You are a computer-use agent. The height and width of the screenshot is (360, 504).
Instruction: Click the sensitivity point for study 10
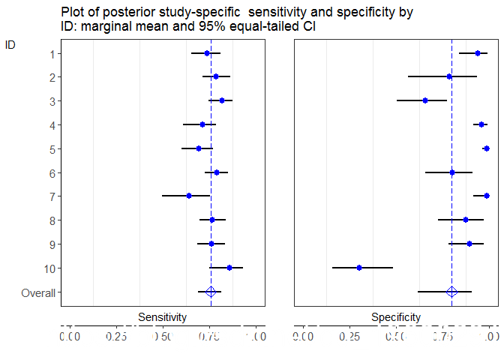coord(229,268)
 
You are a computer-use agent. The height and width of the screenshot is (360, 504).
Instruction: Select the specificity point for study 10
coord(359,268)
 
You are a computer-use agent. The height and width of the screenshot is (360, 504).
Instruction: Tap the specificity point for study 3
coord(425,100)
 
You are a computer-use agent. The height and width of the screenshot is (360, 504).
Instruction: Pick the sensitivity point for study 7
coord(189,196)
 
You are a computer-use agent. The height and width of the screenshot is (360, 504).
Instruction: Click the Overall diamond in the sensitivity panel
coord(211,292)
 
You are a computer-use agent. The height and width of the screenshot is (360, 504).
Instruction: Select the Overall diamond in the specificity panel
coord(451,292)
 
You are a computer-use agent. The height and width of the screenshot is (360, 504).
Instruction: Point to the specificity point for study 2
coord(449,76)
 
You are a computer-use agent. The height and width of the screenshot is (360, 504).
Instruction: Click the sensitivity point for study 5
coord(199,148)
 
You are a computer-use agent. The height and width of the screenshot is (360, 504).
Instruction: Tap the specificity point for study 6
coord(452,172)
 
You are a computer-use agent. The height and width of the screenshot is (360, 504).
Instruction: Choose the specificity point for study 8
coord(466,220)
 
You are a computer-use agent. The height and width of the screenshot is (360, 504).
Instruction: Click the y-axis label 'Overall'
coord(38,292)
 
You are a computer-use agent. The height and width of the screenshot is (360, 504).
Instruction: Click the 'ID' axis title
coord(10,44)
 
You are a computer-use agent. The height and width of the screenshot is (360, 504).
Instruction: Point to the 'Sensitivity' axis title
coord(162,317)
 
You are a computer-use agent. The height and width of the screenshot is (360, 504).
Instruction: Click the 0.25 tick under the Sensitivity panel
coord(116,337)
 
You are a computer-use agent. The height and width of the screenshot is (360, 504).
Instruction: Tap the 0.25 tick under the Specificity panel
coord(350,337)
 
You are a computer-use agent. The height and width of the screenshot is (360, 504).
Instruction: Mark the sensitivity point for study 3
coord(222,100)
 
